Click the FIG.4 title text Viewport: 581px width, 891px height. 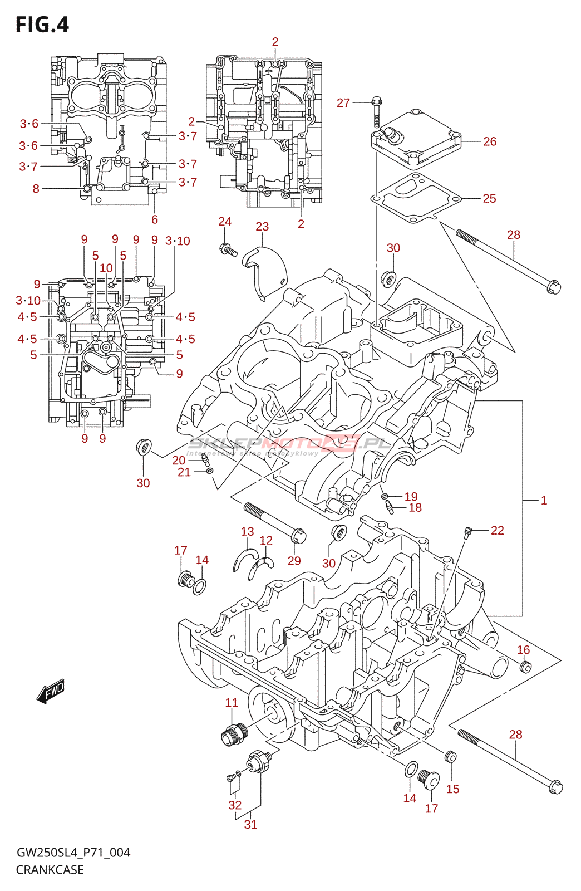pyautogui.click(x=42, y=25)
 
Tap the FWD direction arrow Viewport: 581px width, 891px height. pyautogui.click(x=51, y=691)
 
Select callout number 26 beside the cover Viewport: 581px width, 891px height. pyautogui.click(x=490, y=141)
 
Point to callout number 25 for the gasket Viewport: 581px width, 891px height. pyautogui.click(x=489, y=199)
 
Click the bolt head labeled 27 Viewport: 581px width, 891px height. pyautogui.click(x=376, y=102)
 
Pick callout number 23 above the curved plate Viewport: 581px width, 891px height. pyautogui.click(x=262, y=227)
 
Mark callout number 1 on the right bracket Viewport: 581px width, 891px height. pyautogui.click(x=544, y=501)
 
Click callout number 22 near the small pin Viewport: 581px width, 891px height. pyautogui.click(x=498, y=531)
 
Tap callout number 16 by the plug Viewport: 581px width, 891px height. pyautogui.click(x=523, y=650)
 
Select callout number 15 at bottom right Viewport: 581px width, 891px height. pyautogui.click(x=453, y=789)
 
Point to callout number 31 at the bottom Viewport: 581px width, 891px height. pyautogui.click(x=251, y=825)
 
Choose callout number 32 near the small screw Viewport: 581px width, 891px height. pyautogui.click(x=235, y=805)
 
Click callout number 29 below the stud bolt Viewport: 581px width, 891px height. pyautogui.click(x=294, y=561)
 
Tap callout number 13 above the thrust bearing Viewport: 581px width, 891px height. pyautogui.click(x=247, y=532)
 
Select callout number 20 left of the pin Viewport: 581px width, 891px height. pyautogui.click(x=179, y=461)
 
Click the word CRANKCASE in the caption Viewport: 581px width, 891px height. pyautogui.click(x=50, y=870)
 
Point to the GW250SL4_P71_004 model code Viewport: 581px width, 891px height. pyautogui.click(x=73, y=853)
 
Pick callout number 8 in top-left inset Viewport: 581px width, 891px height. pyautogui.click(x=36, y=189)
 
